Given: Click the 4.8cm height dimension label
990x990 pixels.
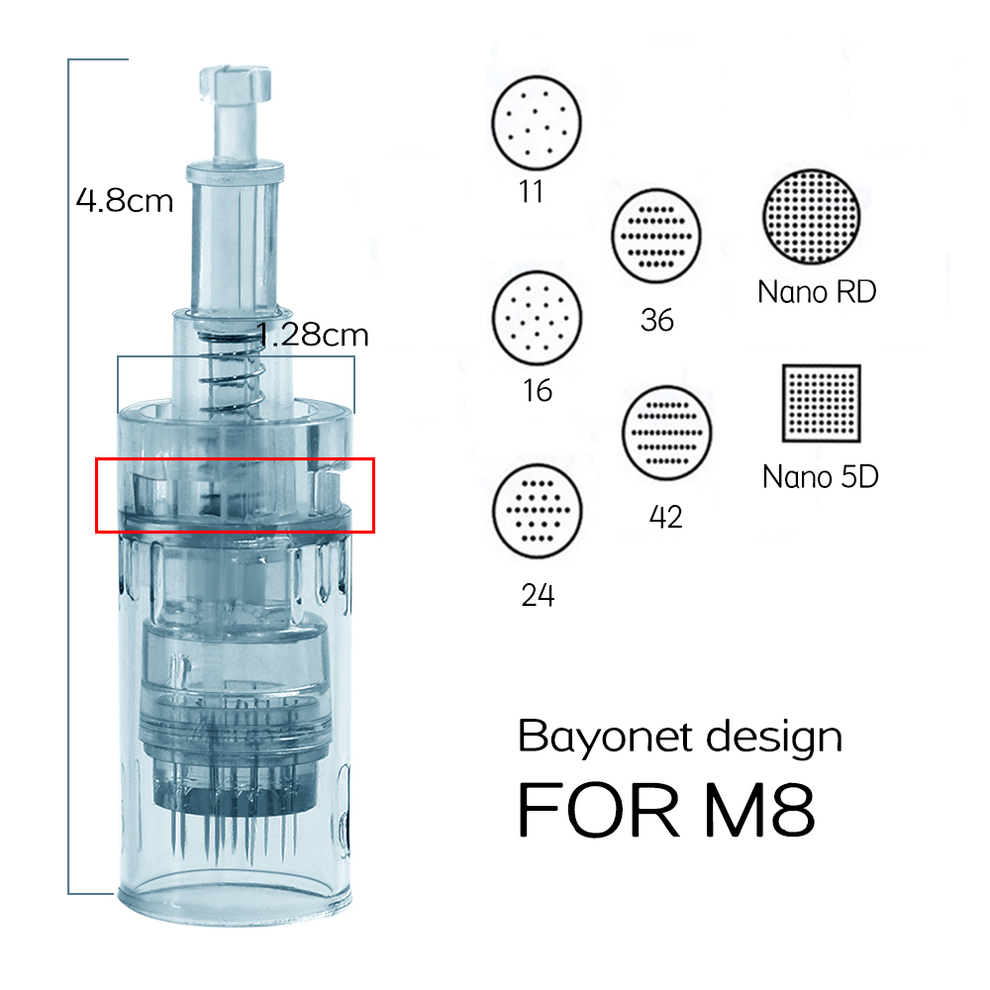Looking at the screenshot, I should pyautogui.click(x=125, y=201).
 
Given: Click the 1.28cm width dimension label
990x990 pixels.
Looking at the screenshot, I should pyautogui.click(x=313, y=335).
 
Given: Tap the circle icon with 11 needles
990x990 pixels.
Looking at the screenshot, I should pyautogui.click(x=537, y=124).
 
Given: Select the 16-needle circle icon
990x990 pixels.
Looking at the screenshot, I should pyautogui.click(x=537, y=318).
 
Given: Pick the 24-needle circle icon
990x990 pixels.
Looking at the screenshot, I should pyautogui.click(x=537, y=510).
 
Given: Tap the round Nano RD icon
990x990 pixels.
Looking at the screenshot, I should pyautogui.click(x=812, y=217).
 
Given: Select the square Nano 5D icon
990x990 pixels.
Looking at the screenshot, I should pyautogui.click(x=822, y=404).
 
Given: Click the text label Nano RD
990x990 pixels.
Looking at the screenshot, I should pyautogui.click(x=817, y=292).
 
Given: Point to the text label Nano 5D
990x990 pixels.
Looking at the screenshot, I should pyautogui.click(x=821, y=477).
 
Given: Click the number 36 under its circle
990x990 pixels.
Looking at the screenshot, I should pyautogui.click(x=657, y=320).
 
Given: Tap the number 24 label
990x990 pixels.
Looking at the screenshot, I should pyautogui.click(x=538, y=595).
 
